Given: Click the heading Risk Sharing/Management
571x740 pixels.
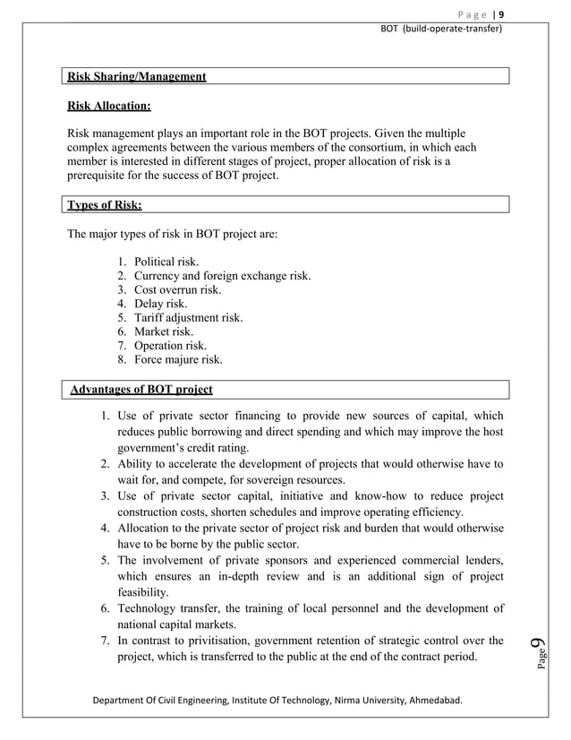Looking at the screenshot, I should click(137, 77).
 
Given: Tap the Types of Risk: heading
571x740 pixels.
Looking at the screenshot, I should click(105, 205).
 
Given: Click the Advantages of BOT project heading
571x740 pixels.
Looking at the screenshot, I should click(141, 390).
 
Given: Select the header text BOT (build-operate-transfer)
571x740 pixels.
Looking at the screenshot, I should click(441, 29).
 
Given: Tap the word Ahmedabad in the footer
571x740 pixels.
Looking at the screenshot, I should click(432, 699).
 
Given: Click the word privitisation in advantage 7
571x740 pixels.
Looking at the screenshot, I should click(215, 640).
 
